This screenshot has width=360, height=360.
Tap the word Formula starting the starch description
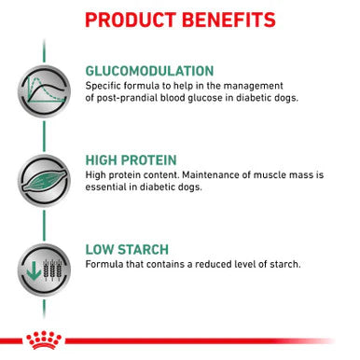coord(104,264)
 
